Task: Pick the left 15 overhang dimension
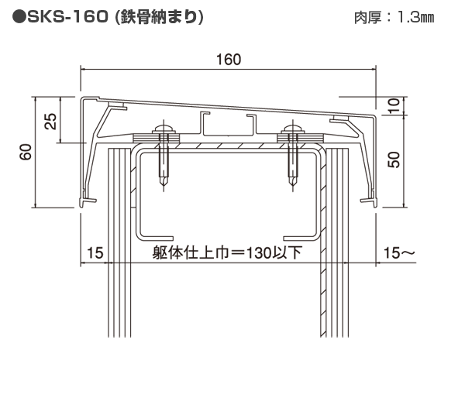[x=94, y=252]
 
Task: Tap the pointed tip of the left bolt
[x=163, y=187]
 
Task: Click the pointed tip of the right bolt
[x=292, y=187]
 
